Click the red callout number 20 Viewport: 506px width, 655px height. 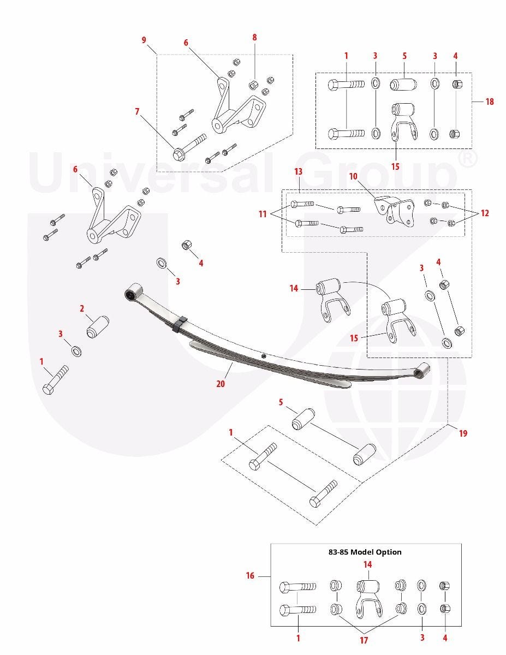coord(221,383)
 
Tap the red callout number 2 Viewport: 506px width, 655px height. coord(82,308)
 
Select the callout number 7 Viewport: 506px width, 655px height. coord(137,111)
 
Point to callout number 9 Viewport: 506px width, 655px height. coord(144,40)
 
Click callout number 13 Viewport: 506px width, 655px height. coord(298,171)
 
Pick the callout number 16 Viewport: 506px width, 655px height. coord(250,576)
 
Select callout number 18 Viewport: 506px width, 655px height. coord(490,102)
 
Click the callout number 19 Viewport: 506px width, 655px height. coord(463,433)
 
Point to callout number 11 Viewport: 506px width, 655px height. coord(263,214)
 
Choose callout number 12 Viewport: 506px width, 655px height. coord(485,213)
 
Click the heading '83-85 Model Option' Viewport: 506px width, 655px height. coord(365,552)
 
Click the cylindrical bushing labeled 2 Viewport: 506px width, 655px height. coord(98,327)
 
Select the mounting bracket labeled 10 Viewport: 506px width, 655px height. coord(394,211)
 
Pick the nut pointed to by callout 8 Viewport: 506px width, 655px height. coord(253,85)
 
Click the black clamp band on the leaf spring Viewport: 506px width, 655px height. coord(180,324)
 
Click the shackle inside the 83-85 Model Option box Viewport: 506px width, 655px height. coord(368,598)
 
